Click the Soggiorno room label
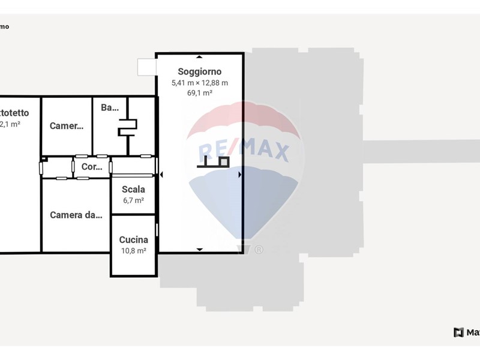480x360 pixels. coord(199,72)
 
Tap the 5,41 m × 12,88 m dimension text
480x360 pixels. coord(199,83)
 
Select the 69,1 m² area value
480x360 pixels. coord(199,93)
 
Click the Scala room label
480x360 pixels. coord(133,190)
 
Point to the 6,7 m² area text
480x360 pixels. coord(133,200)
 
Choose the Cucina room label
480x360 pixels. coord(133,240)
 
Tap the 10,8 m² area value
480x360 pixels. coord(133,251)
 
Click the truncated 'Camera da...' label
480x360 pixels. coord(75,215)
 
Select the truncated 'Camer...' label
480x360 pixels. coord(66,126)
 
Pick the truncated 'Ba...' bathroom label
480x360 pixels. coord(110,108)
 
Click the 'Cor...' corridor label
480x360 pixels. coord(92,167)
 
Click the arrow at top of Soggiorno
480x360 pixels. coord(199,56)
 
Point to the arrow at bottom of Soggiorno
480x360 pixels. coord(199,249)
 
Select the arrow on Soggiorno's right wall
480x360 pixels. coord(240,175)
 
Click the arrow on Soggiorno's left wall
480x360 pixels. coord(160,175)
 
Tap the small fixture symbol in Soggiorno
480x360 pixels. coord(215,161)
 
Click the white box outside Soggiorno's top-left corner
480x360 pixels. coord(146,67)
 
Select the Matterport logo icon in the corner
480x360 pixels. coord(458,332)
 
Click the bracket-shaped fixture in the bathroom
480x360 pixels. coord(128,127)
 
